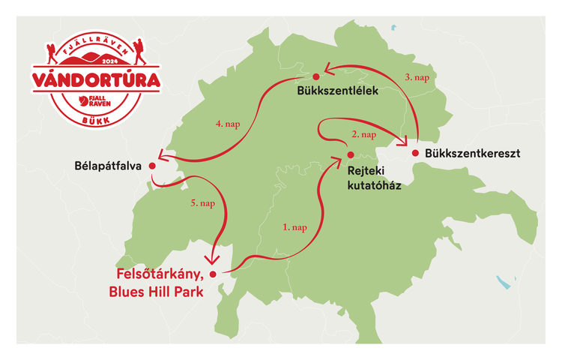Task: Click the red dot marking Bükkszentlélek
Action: [316, 76]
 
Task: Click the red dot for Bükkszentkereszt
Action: [415, 154]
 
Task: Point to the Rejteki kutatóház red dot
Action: [350, 155]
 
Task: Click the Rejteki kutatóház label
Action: [375, 176]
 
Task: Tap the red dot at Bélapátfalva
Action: [152, 165]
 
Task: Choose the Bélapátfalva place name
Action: [109, 165]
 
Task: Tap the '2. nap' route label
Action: [363, 135]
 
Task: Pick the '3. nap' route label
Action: [418, 76]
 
